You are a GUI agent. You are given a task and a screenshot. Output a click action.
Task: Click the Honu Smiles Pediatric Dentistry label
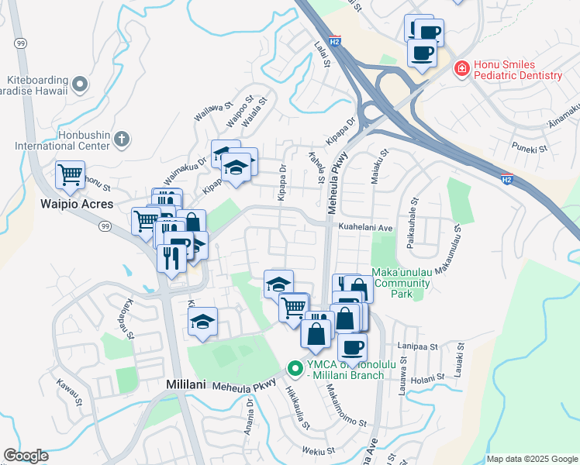pos(517,70)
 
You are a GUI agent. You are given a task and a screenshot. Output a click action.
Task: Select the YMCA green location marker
pos(295,369)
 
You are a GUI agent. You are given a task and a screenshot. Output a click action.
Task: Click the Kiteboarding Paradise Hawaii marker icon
pos(79,84)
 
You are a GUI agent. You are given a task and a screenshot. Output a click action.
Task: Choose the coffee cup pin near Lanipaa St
pos(352,346)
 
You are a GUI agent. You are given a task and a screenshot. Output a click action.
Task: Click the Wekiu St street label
pos(319,449)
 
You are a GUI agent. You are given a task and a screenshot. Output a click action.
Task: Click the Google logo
pos(26,456)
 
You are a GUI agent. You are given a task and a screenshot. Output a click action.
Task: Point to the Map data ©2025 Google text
pos(531,459)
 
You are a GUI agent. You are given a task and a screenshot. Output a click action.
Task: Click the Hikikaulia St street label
pos(298,408)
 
